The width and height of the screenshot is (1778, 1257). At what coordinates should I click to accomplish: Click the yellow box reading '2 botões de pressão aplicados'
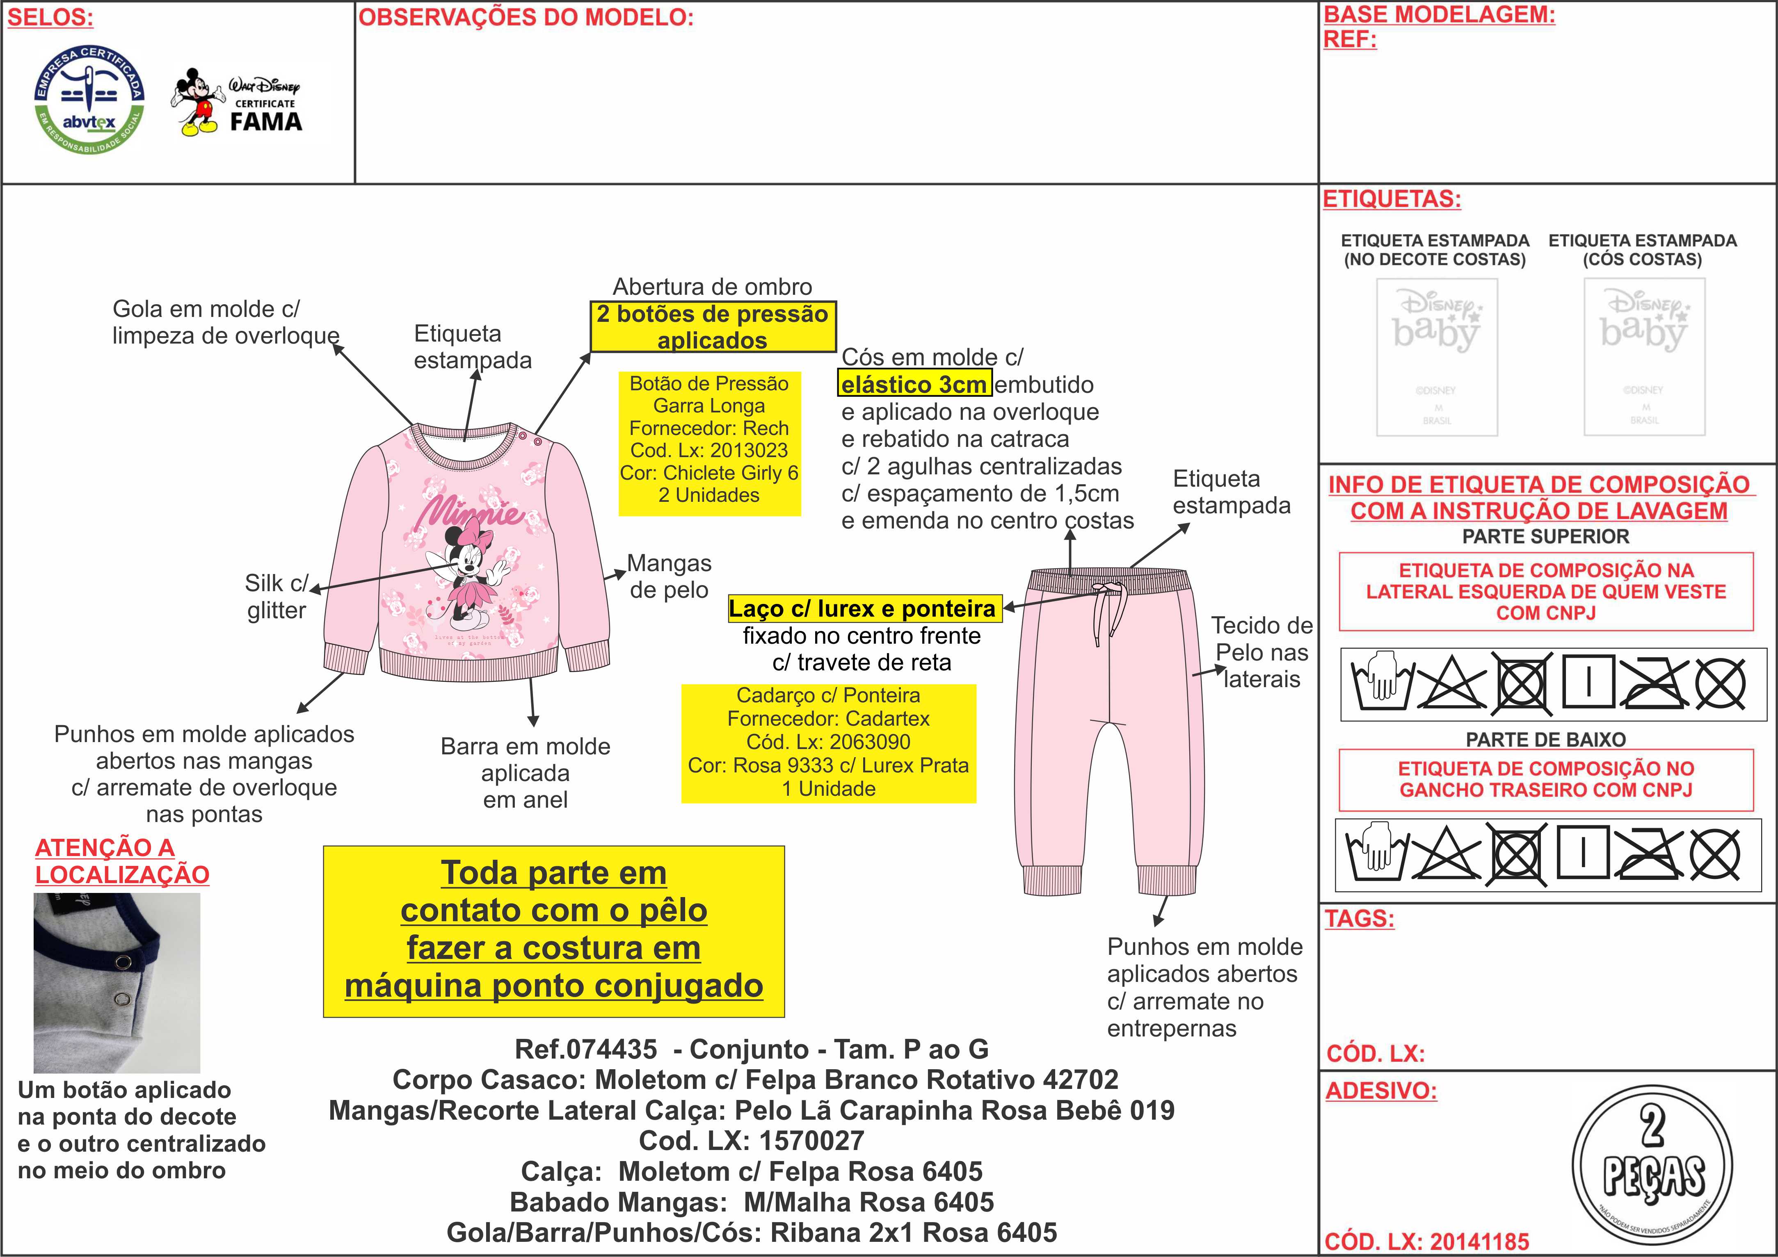click(x=713, y=327)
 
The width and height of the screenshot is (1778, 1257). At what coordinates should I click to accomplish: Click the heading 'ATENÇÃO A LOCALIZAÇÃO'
click(x=121, y=861)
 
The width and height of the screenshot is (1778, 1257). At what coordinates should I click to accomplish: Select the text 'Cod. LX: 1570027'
click(x=751, y=1140)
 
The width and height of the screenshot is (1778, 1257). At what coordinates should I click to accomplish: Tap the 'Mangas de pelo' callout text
click(x=669, y=576)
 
